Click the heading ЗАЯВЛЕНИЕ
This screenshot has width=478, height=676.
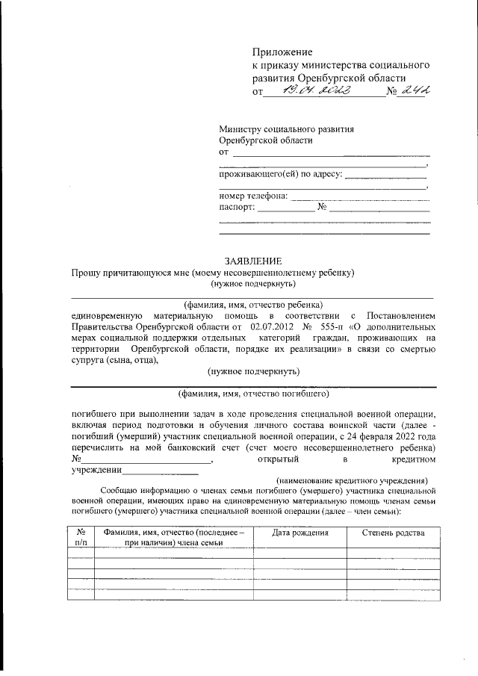pos(253,261)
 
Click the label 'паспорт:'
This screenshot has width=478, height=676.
pos(236,208)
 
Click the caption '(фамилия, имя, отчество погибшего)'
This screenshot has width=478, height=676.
pos(253,393)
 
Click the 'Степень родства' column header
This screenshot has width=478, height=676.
pos(393,533)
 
